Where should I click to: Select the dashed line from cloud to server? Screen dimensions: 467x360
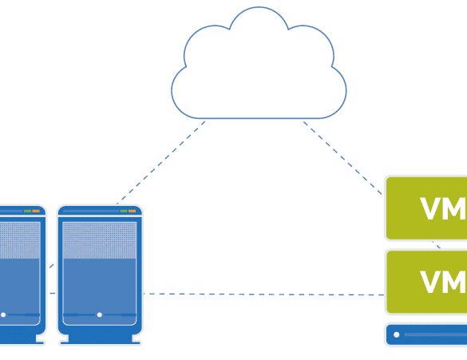click(x=161, y=163)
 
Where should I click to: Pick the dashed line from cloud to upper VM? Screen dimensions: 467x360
click(x=342, y=158)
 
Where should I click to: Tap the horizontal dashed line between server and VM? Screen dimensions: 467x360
click(x=264, y=295)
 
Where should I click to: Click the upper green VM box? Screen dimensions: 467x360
click(x=426, y=208)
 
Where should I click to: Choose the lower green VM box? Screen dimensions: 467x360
click(x=426, y=282)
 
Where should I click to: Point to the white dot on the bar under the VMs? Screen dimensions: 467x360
click(x=397, y=334)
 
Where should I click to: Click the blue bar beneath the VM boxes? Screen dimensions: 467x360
click(x=426, y=334)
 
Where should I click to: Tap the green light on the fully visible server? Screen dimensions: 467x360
click(x=124, y=211)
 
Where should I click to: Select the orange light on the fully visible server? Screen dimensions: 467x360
click(x=132, y=211)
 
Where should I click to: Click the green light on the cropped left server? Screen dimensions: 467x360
click(x=27, y=211)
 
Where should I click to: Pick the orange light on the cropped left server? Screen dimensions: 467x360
click(x=36, y=211)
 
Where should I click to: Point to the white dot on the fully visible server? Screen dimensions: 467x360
click(x=100, y=315)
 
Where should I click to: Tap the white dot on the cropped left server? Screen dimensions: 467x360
click(x=3, y=315)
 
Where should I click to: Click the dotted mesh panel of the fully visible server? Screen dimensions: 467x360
click(x=100, y=240)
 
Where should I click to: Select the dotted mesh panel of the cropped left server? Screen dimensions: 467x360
click(x=20, y=240)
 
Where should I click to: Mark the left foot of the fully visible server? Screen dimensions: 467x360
click(x=65, y=339)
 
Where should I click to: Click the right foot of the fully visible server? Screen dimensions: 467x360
click(x=137, y=339)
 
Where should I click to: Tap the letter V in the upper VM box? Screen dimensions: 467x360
click(x=430, y=208)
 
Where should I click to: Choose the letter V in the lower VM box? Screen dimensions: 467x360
click(x=430, y=283)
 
